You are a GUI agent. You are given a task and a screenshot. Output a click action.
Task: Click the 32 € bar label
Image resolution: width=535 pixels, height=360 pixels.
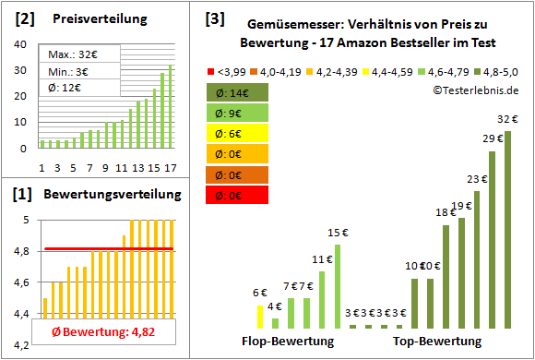[506, 119]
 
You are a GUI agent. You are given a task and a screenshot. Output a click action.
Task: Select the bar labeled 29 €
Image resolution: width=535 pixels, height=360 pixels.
[492, 240]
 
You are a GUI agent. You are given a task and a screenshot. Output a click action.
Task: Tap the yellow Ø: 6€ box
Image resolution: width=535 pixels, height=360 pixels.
[238, 133]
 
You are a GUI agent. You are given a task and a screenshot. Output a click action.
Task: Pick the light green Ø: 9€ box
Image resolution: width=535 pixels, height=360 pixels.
[238, 113]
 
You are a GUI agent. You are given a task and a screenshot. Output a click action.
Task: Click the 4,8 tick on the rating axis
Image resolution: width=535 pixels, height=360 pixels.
[21, 251]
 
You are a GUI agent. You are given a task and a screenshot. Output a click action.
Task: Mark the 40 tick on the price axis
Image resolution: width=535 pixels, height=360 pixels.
[21, 43]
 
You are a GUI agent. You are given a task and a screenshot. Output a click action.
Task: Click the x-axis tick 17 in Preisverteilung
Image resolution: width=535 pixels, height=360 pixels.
[169, 167]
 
